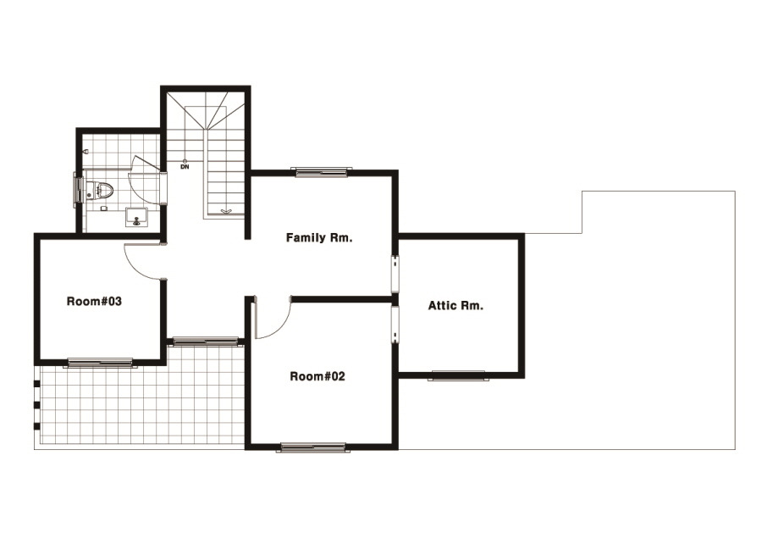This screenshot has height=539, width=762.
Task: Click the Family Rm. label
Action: tap(319, 238)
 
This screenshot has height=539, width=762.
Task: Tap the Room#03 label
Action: tap(94, 301)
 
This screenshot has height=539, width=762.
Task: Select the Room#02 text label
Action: tap(317, 376)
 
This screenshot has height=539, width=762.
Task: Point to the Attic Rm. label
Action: tap(456, 305)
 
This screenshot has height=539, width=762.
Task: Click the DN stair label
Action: tap(185, 167)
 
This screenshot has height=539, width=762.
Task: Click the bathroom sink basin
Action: tap(136, 217)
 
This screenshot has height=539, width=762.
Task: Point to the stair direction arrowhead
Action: tap(226, 211)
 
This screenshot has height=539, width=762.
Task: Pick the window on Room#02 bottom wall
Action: tap(313, 447)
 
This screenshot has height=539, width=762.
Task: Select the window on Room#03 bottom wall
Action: tap(101, 363)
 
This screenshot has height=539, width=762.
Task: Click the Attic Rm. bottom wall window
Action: tap(458, 375)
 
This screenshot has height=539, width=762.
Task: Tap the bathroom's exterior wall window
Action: tap(77, 190)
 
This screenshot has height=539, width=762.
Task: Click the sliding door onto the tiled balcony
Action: tap(206, 341)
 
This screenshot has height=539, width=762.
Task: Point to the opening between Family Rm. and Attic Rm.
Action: tap(395, 275)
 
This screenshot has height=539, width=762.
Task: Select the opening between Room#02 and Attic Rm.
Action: tap(395, 325)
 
